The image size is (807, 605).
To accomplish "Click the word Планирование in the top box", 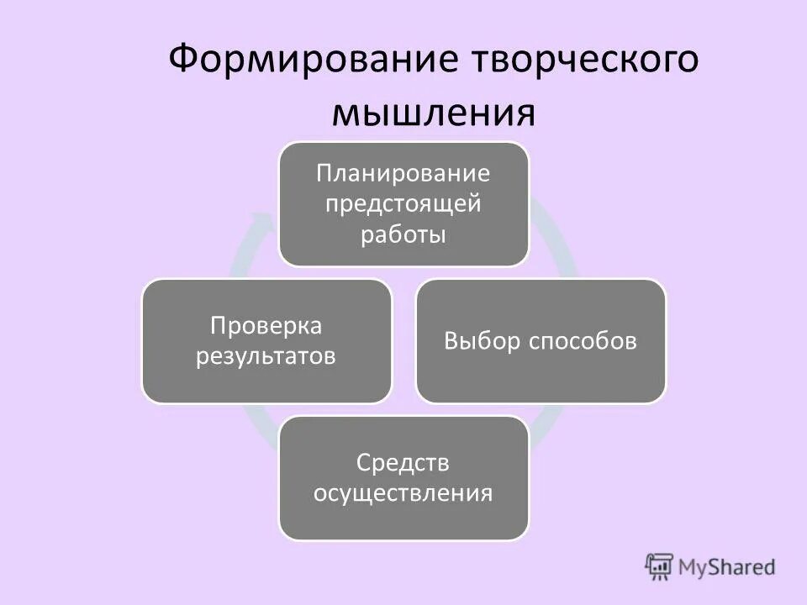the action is pos(403,174).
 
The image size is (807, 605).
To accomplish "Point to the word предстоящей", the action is pos(403,204).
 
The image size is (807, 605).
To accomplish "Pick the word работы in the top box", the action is pos(403,234).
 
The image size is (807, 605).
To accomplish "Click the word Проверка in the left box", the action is pos(266,326).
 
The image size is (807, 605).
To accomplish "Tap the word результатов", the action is pos(266,356).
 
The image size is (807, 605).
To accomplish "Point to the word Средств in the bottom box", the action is pos(403,462).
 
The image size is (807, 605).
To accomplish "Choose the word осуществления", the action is pos(403,492).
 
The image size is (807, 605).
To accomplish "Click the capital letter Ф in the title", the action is pos(184,63).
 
